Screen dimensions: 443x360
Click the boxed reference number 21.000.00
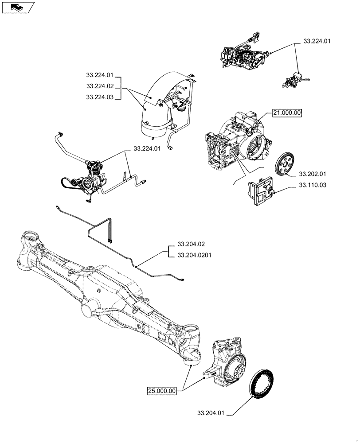(287, 113)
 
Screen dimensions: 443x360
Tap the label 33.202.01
(312, 174)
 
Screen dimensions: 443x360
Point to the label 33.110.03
(312, 185)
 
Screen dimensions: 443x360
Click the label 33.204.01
(211, 413)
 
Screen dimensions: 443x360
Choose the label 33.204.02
(191, 244)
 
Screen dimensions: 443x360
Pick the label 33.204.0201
(194, 255)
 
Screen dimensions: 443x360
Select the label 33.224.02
(100, 86)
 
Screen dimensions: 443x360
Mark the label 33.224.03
(100, 97)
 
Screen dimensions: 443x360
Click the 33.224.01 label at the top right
(317, 41)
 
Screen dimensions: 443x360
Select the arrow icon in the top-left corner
(18, 8)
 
